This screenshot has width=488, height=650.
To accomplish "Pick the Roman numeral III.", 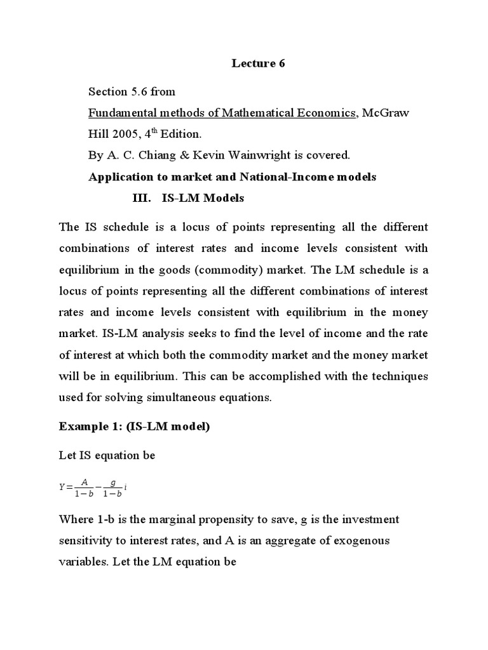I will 140,199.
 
